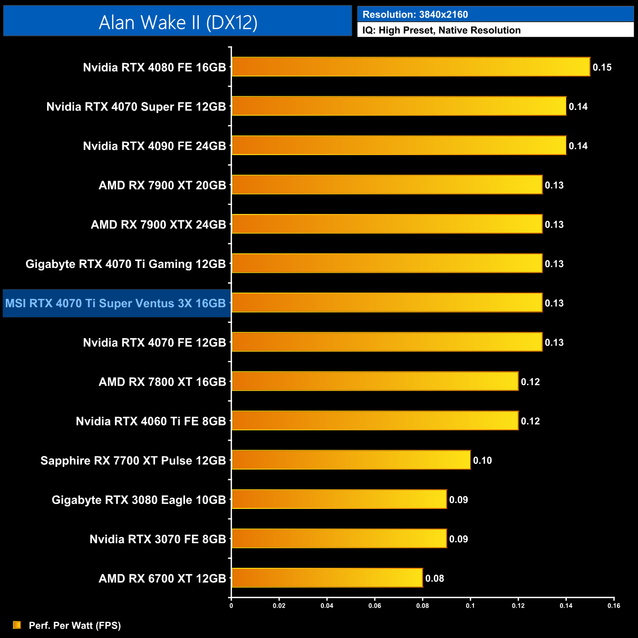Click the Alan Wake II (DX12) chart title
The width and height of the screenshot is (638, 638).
[178, 22]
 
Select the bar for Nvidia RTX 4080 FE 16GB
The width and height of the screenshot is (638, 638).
[411, 67]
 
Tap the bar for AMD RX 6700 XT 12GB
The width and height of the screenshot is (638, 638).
[327, 578]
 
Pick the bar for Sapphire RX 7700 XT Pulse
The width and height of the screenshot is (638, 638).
[351, 460]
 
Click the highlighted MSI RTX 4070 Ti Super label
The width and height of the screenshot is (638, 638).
[116, 303]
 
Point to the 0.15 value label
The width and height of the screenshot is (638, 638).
[602, 67]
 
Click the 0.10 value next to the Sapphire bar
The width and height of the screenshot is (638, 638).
[482, 460]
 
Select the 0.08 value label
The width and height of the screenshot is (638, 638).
[434, 578]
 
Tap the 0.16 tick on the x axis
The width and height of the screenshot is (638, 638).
[614, 606]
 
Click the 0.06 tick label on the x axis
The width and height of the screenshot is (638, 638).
[374, 606]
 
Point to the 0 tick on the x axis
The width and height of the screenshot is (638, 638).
[231, 606]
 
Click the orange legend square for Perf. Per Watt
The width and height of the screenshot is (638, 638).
[17, 625]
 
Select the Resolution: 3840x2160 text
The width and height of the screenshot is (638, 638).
[415, 15]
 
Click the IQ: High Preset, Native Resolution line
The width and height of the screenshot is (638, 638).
[441, 30]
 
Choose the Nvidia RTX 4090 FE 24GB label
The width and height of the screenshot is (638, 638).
[154, 146]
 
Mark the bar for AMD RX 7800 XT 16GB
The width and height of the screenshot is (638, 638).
[375, 381]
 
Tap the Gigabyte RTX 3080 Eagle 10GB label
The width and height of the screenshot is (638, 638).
[138, 500]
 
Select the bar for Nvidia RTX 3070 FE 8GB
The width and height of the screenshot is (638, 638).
[339, 538]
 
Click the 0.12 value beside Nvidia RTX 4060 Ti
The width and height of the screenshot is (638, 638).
[530, 421]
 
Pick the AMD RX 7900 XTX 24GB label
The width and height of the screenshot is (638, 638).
[158, 224]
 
